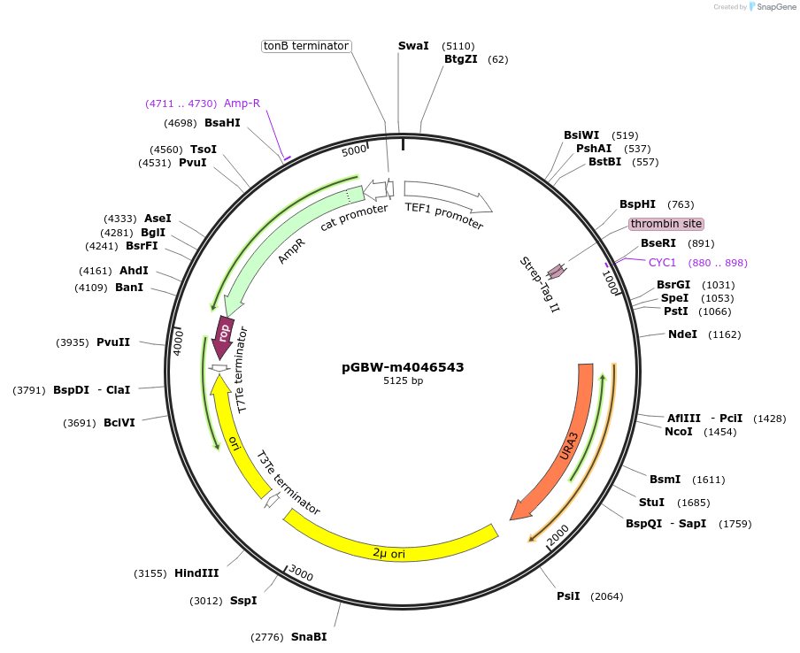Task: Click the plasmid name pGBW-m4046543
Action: (x=403, y=367)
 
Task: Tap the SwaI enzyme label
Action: (x=413, y=45)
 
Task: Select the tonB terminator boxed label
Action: (x=306, y=46)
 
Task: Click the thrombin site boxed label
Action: (x=666, y=224)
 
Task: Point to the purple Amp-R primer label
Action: (x=242, y=104)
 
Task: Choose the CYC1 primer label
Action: (x=662, y=263)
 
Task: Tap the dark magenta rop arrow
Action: (x=225, y=335)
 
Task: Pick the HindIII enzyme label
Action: (x=196, y=573)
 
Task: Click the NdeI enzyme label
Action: (x=682, y=334)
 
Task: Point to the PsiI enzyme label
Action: (x=568, y=596)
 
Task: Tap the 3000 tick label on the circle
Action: (x=301, y=575)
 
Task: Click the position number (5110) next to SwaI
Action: (x=458, y=45)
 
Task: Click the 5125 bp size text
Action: (x=403, y=381)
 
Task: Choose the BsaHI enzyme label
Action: (x=222, y=123)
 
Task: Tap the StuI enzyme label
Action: (x=651, y=503)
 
